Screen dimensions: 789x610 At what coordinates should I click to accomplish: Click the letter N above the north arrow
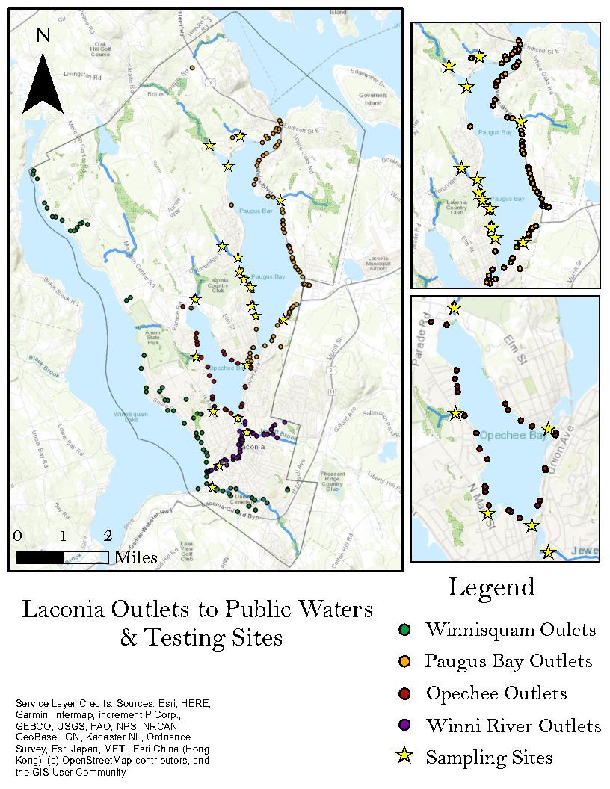tap(43, 34)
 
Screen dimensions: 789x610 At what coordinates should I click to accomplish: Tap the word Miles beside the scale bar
tap(135, 557)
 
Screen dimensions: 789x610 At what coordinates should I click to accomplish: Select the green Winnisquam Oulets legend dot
tap(404, 630)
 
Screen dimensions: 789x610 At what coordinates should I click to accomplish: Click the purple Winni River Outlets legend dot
tap(404, 725)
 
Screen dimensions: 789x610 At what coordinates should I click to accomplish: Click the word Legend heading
tap(491, 588)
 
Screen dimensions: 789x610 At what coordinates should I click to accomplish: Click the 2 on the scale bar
tap(108, 536)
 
